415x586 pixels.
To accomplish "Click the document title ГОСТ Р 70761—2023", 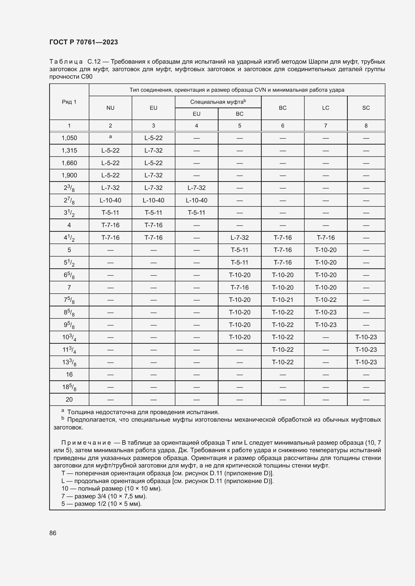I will point(84,42).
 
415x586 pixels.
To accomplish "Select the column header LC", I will point(325,108).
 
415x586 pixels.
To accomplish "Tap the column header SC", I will point(366,108).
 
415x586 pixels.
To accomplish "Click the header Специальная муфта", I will point(218,102).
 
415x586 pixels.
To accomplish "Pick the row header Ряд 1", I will point(69,102).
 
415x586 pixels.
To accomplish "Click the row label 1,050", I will point(69,138).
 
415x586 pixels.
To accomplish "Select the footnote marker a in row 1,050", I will point(110,137).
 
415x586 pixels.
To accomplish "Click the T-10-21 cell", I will point(282,300).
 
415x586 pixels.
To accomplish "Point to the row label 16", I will point(69,374).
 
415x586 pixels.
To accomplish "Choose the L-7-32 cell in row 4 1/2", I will point(239,238).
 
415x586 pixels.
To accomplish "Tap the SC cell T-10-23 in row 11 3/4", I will point(366,349).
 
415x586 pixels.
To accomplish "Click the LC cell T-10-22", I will point(325,300).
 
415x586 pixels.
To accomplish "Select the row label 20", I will point(69,399).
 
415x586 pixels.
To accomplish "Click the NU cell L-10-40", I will point(110,200).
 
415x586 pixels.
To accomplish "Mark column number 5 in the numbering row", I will point(239,126).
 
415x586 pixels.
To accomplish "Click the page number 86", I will point(53,533).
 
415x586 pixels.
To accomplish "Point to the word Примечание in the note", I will point(86,442).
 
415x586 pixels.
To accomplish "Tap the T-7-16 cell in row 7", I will point(239,287).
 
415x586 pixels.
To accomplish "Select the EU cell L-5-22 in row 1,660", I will point(153,163).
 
